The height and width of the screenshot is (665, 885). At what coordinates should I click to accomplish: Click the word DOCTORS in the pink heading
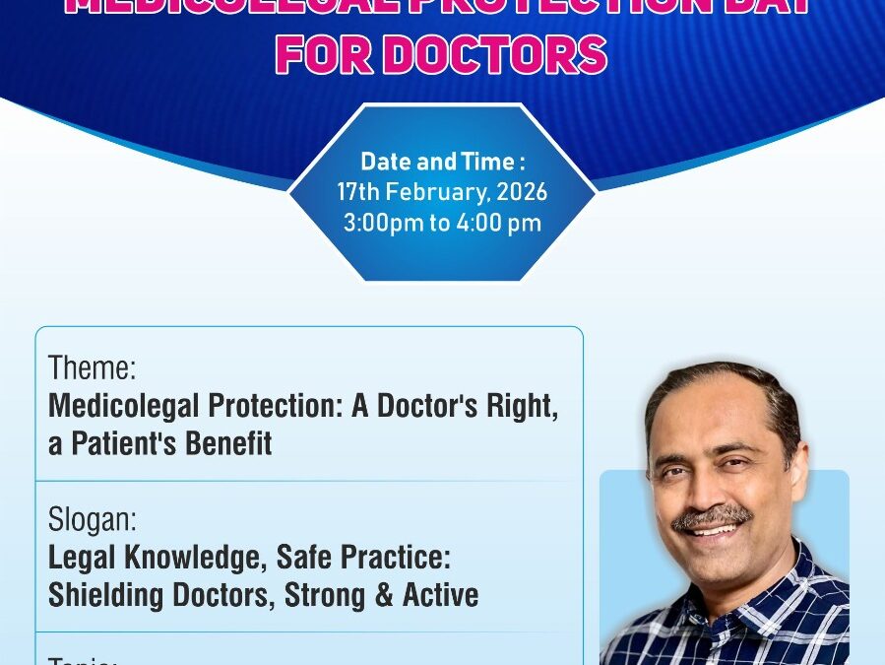494,55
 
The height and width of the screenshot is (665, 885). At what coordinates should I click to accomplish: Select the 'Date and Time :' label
442,162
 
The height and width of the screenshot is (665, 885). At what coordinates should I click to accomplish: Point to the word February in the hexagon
438,192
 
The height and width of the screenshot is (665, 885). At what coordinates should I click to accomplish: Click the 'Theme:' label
92,369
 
